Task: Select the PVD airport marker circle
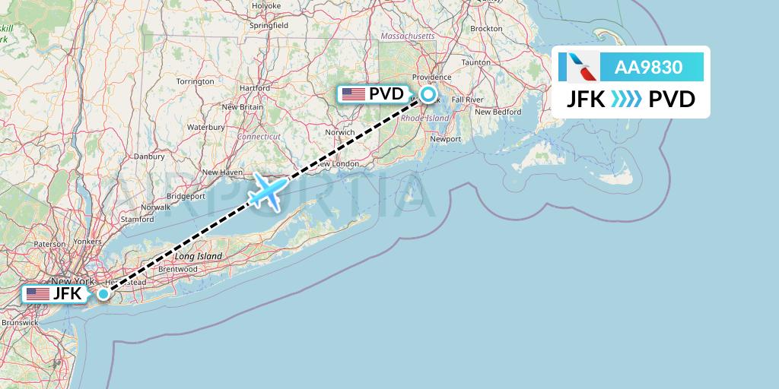428,94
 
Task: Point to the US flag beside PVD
353,94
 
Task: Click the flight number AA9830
648,67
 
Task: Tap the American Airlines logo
579,67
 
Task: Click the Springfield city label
269,25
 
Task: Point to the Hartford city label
255,87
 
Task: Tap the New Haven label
222,172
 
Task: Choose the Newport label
446,139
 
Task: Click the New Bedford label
498,112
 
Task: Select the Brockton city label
486,28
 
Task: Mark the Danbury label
149,157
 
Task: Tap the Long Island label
199,256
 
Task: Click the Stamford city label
137,219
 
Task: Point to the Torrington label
196,81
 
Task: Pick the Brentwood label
177,269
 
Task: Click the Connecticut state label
259,137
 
